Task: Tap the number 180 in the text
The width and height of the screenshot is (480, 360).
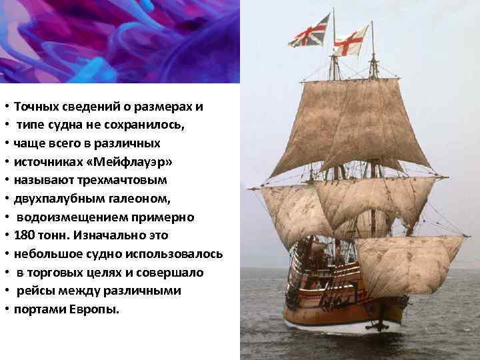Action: click(25, 236)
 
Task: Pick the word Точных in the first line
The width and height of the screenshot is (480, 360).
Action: click(36, 107)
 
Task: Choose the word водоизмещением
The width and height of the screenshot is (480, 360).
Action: click(68, 217)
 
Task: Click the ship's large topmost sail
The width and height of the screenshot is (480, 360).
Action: click(350, 127)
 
